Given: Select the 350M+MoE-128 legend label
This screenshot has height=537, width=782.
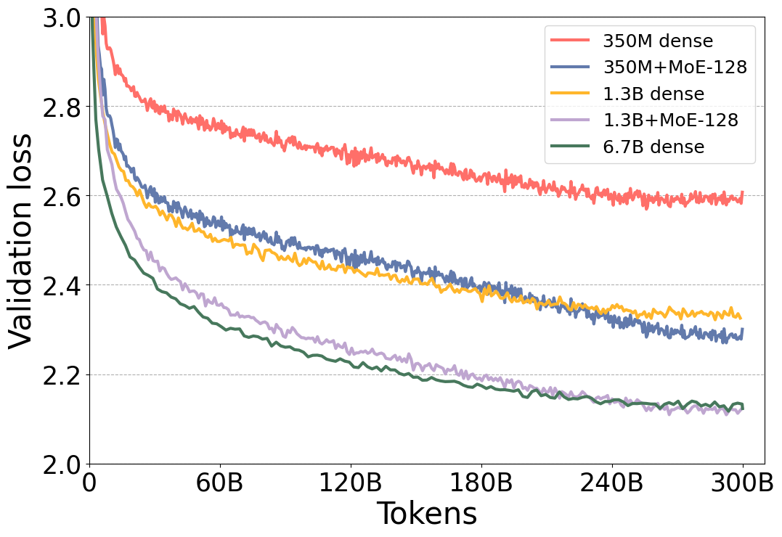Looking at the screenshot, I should (x=675, y=67).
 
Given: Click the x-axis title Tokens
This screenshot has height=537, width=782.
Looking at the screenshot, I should (x=416, y=515).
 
